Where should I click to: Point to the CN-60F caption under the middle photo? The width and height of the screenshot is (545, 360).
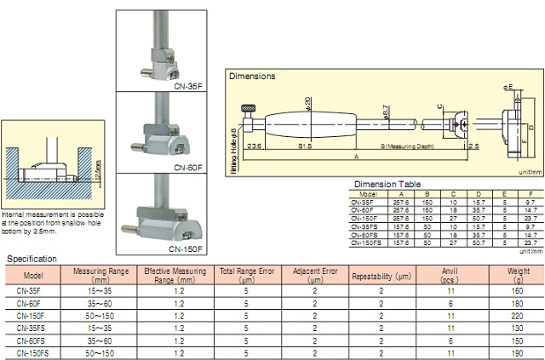coord(189,169)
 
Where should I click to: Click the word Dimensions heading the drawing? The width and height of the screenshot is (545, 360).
coord(252,76)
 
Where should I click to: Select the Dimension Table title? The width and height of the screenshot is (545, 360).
coord(389,183)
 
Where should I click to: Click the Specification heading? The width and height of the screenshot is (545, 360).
coord(33,258)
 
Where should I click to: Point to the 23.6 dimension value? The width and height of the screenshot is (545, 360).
coord(253,145)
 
